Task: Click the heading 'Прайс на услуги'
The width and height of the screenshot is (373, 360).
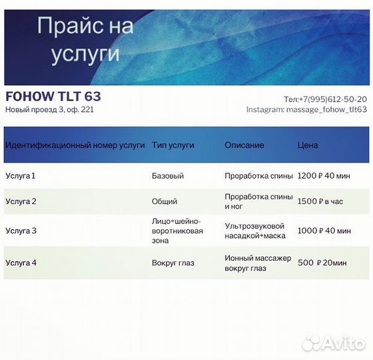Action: tap(85, 40)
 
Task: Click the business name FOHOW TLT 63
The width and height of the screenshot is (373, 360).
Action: tap(53, 97)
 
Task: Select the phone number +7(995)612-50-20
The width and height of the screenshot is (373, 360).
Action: tap(325, 99)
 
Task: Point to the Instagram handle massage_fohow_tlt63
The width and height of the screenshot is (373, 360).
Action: tap(306, 109)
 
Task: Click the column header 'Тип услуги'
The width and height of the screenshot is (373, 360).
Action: tap(173, 145)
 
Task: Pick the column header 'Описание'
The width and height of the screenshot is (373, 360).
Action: tap(244, 145)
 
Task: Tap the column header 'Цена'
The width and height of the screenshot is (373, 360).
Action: tap(308, 145)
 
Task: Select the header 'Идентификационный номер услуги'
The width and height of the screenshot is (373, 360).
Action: tap(75, 145)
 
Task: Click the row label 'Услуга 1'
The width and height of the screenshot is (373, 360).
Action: tap(21, 176)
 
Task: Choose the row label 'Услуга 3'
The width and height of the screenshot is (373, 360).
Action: tap(21, 231)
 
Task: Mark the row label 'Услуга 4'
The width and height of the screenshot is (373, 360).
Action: tap(21, 263)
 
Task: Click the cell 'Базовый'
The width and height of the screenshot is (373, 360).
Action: tap(168, 176)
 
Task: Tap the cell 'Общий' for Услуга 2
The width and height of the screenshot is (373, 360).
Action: tap(165, 201)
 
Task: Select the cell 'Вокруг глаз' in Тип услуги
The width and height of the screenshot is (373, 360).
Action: tap(173, 263)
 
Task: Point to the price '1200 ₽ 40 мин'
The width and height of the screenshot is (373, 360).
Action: tap(324, 176)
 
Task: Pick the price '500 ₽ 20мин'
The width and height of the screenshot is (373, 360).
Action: tap(322, 263)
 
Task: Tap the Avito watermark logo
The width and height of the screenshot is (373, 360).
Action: tap(334, 343)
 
